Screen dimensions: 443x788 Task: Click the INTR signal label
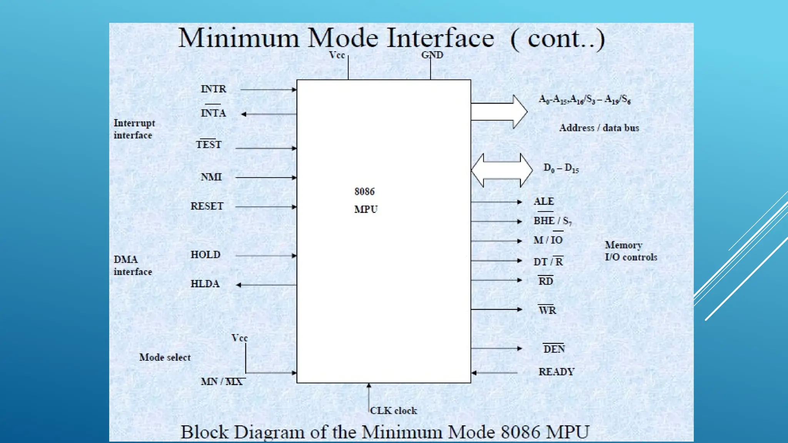(x=213, y=89)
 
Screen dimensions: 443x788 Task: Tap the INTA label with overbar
(x=213, y=113)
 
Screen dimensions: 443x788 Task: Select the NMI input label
(x=211, y=177)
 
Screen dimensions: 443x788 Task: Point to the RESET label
(x=207, y=206)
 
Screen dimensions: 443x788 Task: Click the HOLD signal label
(x=205, y=255)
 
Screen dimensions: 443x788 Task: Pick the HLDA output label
(x=205, y=284)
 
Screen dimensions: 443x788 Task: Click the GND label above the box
(x=432, y=55)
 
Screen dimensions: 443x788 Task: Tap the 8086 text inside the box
(x=364, y=192)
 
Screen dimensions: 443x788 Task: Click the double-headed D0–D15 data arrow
(x=502, y=170)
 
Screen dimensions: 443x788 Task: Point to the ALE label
(x=544, y=202)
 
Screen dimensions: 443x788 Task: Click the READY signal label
(x=556, y=372)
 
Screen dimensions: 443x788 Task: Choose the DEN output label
(x=554, y=349)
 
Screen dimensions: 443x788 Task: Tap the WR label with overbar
(x=547, y=310)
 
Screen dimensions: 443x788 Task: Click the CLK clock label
(x=393, y=411)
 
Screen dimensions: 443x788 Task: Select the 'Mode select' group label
(x=165, y=357)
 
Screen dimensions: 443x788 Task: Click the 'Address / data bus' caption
(x=599, y=128)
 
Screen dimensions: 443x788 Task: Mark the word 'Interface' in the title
(x=440, y=38)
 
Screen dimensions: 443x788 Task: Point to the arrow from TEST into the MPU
(x=265, y=148)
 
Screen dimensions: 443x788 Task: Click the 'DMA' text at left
(x=125, y=260)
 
